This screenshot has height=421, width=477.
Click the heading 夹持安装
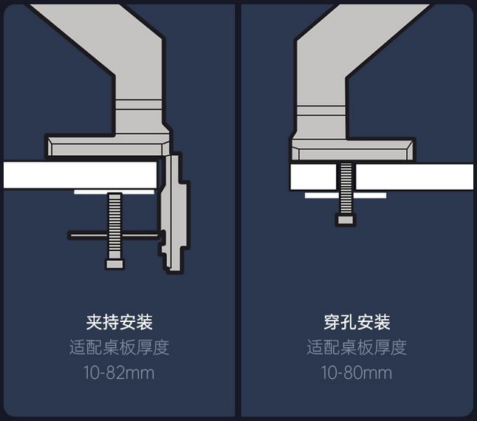[120, 323]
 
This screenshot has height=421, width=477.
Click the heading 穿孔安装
[357, 323]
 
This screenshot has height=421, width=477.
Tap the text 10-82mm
[119, 373]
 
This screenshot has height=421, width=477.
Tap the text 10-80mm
[357, 373]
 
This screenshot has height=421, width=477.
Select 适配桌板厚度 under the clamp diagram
[119, 347]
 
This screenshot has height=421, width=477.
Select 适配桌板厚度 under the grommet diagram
[357, 347]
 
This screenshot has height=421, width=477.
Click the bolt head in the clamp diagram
[114, 264]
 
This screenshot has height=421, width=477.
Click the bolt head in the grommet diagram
[346, 219]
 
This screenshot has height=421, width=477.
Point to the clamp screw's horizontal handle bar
[113, 235]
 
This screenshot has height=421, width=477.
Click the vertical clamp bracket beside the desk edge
[174, 213]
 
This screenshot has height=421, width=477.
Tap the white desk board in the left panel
[80, 175]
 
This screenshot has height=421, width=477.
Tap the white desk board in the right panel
[382, 177]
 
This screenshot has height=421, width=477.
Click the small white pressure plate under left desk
[114, 192]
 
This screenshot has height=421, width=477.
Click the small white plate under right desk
[346, 195]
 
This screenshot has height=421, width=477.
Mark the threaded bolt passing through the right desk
[346, 188]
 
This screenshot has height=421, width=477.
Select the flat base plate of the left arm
[108, 146]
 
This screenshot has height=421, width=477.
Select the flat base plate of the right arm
[352, 150]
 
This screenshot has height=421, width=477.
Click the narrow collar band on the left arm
[139, 105]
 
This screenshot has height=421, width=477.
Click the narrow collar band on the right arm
[321, 111]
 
